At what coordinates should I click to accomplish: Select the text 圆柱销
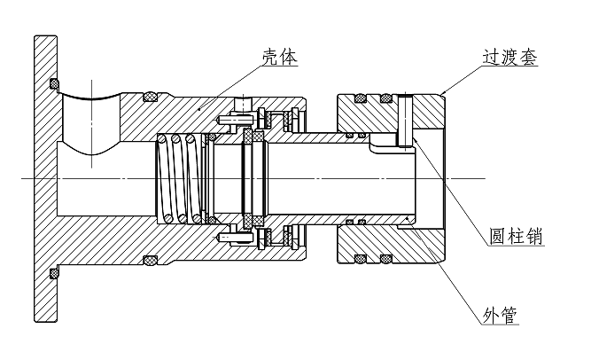tap(517, 237)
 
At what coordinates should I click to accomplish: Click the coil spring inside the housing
tap(178, 178)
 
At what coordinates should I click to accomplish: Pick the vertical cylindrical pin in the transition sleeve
tap(407, 119)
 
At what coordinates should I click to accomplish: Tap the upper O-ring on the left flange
tap(55, 84)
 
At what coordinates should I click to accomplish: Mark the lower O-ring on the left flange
tap(55, 267)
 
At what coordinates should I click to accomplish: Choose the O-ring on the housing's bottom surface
tap(150, 260)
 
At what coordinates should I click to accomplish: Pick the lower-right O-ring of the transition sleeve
tap(387, 260)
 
